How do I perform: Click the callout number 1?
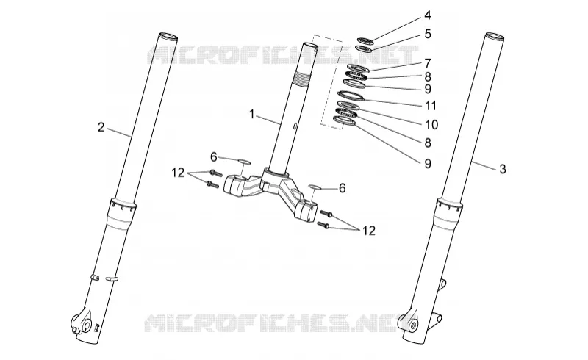click(252, 114)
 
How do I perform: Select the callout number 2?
click(101, 127)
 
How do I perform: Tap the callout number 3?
click(503, 169)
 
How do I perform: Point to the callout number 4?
click(428, 15)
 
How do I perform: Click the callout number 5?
click(428, 34)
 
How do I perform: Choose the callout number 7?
click(428, 63)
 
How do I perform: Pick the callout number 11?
click(431, 106)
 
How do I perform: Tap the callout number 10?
click(431, 124)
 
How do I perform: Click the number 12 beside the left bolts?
click(178, 173)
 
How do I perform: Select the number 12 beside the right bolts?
click(369, 231)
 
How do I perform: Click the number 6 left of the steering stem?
click(213, 157)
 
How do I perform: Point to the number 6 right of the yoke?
click(342, 188)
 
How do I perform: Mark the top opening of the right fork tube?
click(494, 37)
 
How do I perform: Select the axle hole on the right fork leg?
click(414, 325)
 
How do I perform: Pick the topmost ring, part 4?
click(365, 40)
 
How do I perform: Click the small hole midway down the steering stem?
click(295, 126)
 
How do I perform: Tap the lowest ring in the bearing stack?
click(344, 120)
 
